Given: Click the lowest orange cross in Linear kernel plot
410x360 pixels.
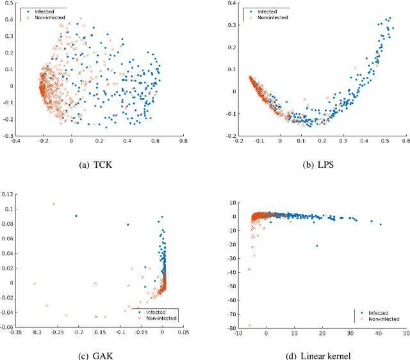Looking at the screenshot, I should (x=249, y=325).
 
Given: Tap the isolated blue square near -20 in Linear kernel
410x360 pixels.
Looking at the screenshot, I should (x=316, y=245).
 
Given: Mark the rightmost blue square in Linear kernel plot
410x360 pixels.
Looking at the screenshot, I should (x=381, y=224).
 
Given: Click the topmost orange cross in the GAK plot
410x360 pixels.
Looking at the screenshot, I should (x=54, y=204).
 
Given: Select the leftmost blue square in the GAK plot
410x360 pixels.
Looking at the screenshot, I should (x=76, y=216).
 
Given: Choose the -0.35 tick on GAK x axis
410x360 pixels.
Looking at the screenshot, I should (x=15, y=332).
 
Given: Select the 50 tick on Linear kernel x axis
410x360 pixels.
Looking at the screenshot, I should (x=406, y=332).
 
